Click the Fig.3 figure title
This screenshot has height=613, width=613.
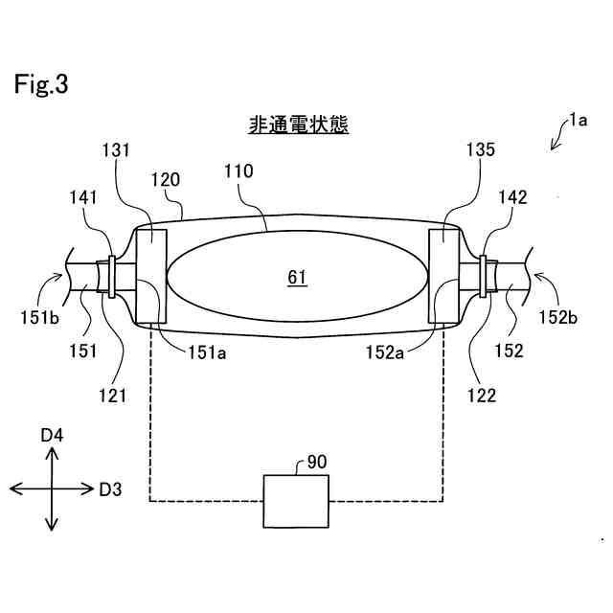pyautogui.click(x=41, y=84)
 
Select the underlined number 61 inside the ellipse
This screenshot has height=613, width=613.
pyautogui.click(x=297, y=278)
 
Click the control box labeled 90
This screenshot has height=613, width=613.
pyautogui.click(x=294, y=499)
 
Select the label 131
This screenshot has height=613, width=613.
pyautogui.click(x=115, y=149)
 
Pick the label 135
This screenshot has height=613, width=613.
pyautogui.click(x=481, y=149)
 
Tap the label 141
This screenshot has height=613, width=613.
pyautogui.click(x=81, y=197)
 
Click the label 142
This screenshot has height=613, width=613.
pyautogui.click(x=513, y=197)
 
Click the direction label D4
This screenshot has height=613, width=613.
pyautogui.click(x=52, y=436)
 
